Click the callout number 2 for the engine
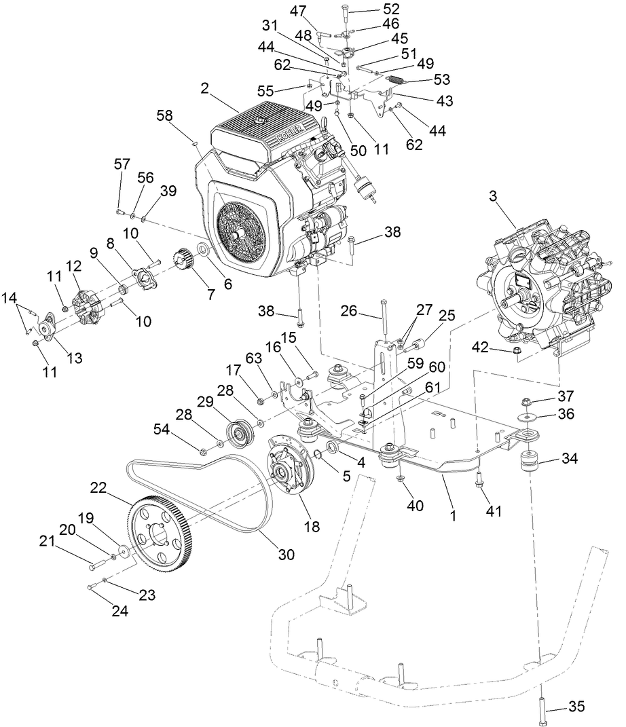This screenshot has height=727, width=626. (205, 88)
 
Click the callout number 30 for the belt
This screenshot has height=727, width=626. (286, 553)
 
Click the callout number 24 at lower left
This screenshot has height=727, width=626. (119, 611)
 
